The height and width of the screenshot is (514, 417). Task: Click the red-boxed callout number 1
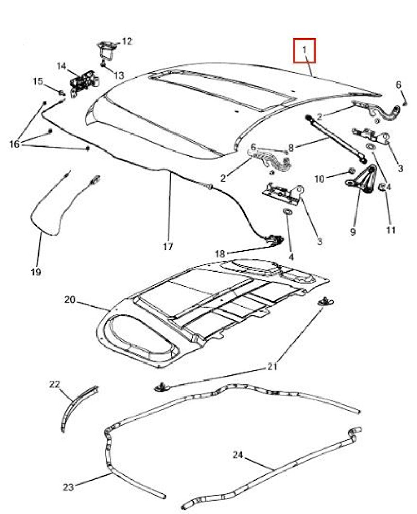(304, 50)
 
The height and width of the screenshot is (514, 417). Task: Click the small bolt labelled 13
(102, 65)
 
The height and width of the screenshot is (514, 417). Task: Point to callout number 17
(168, 246)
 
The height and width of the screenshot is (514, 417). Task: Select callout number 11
(390, 230)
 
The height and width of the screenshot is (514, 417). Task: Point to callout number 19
(35, 272)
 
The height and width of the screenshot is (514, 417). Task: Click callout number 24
(237, 455)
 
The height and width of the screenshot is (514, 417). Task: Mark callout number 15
(37, 81)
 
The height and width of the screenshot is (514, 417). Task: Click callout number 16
(14, 144)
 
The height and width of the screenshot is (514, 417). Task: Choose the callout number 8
(290, 148)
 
